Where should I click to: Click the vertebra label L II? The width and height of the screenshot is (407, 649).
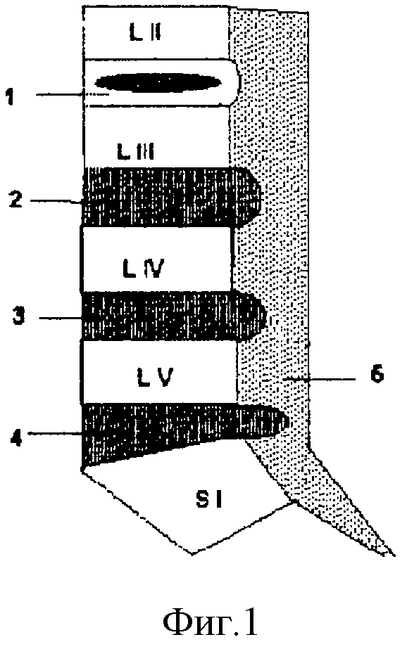point(145,33)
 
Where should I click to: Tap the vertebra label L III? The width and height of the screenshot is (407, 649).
point(136,151)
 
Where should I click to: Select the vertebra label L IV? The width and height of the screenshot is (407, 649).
point(144,268)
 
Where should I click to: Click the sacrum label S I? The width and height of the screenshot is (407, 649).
point(209,499)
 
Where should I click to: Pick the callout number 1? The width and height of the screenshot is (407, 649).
point(10,97)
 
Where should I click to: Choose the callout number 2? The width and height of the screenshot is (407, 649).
point(15,198)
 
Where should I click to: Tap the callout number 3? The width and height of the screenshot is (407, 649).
point(18,316)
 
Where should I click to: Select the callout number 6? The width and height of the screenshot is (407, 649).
point(377,374)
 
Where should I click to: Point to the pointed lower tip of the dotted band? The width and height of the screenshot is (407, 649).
point(393,555)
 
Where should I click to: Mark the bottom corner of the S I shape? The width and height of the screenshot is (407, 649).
point(192,553)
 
